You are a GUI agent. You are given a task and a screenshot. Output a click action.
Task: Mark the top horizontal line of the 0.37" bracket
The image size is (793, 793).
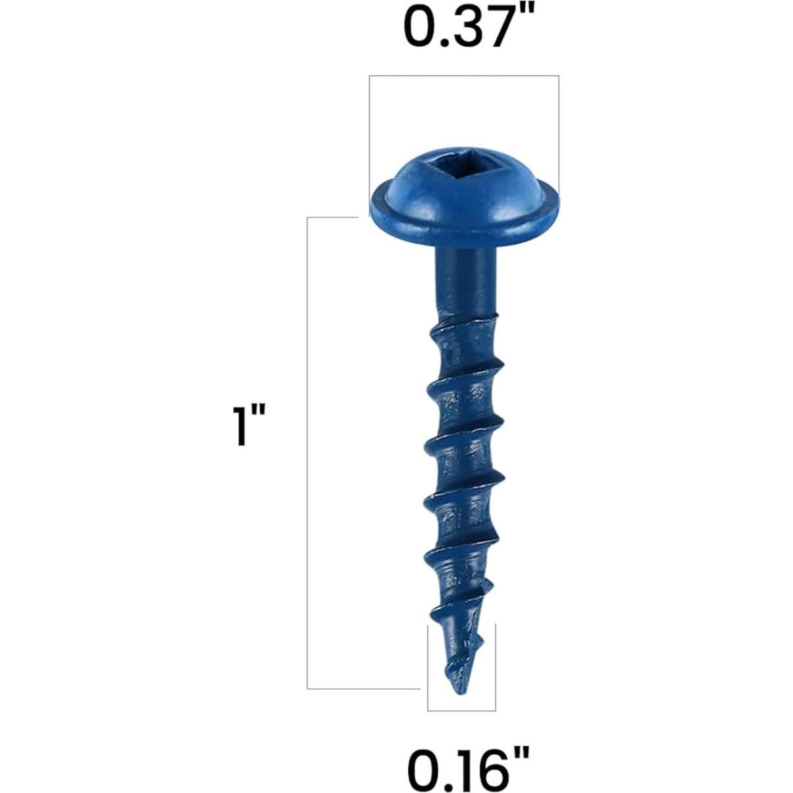464,76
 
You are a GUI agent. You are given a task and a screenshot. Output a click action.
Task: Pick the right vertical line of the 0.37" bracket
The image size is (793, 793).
559,132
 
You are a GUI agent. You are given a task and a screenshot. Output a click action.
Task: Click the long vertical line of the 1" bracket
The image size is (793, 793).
307,454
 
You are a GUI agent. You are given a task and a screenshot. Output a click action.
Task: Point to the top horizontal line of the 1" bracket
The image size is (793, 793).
332,217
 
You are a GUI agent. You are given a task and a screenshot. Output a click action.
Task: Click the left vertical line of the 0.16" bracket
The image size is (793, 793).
428,668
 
